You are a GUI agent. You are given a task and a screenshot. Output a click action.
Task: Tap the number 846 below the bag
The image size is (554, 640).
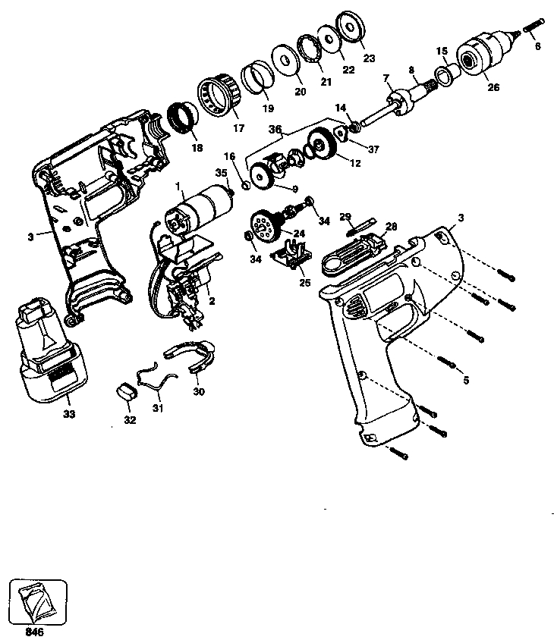[x=33, y=629]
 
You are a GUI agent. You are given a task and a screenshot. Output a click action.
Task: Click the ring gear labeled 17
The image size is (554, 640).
[x=219, y=94]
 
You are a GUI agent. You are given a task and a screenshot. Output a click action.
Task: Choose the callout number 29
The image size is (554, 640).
[x=346, y=217]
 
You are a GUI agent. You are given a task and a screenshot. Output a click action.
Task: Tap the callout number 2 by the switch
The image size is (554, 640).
[x=212, y=300]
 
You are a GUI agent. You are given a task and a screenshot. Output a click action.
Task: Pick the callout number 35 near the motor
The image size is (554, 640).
[x=221, y=173]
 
